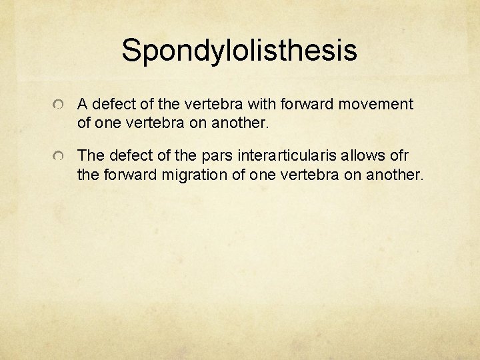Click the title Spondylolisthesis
239,50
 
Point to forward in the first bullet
313,105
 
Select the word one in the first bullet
106,123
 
